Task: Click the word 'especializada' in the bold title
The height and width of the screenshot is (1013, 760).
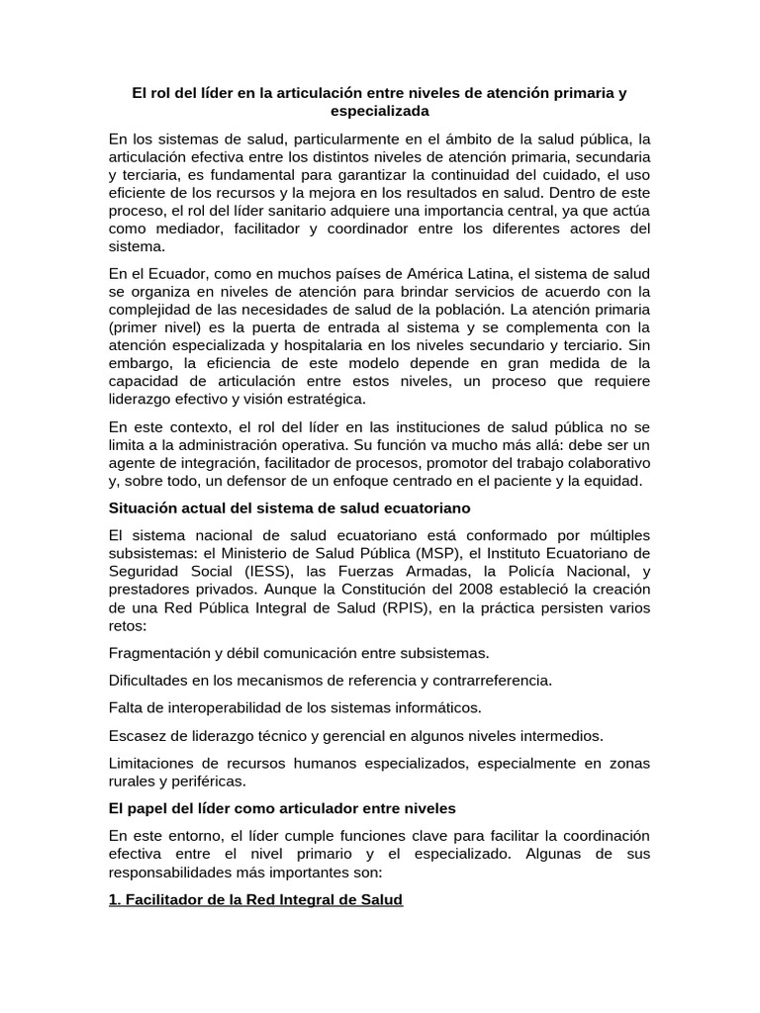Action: pyautogui.click(x=379, y=112)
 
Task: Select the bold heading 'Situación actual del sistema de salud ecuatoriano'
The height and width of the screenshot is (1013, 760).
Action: pyautogui.click(x=289, y=507)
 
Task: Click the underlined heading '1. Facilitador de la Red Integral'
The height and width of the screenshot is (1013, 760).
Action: pyautogui.click(x=255, y=901)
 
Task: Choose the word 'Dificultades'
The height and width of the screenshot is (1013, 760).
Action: pyautogui.click(x=147, y=681)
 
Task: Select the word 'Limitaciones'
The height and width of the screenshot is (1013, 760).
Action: pyautogui.click(x=152, y=763)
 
